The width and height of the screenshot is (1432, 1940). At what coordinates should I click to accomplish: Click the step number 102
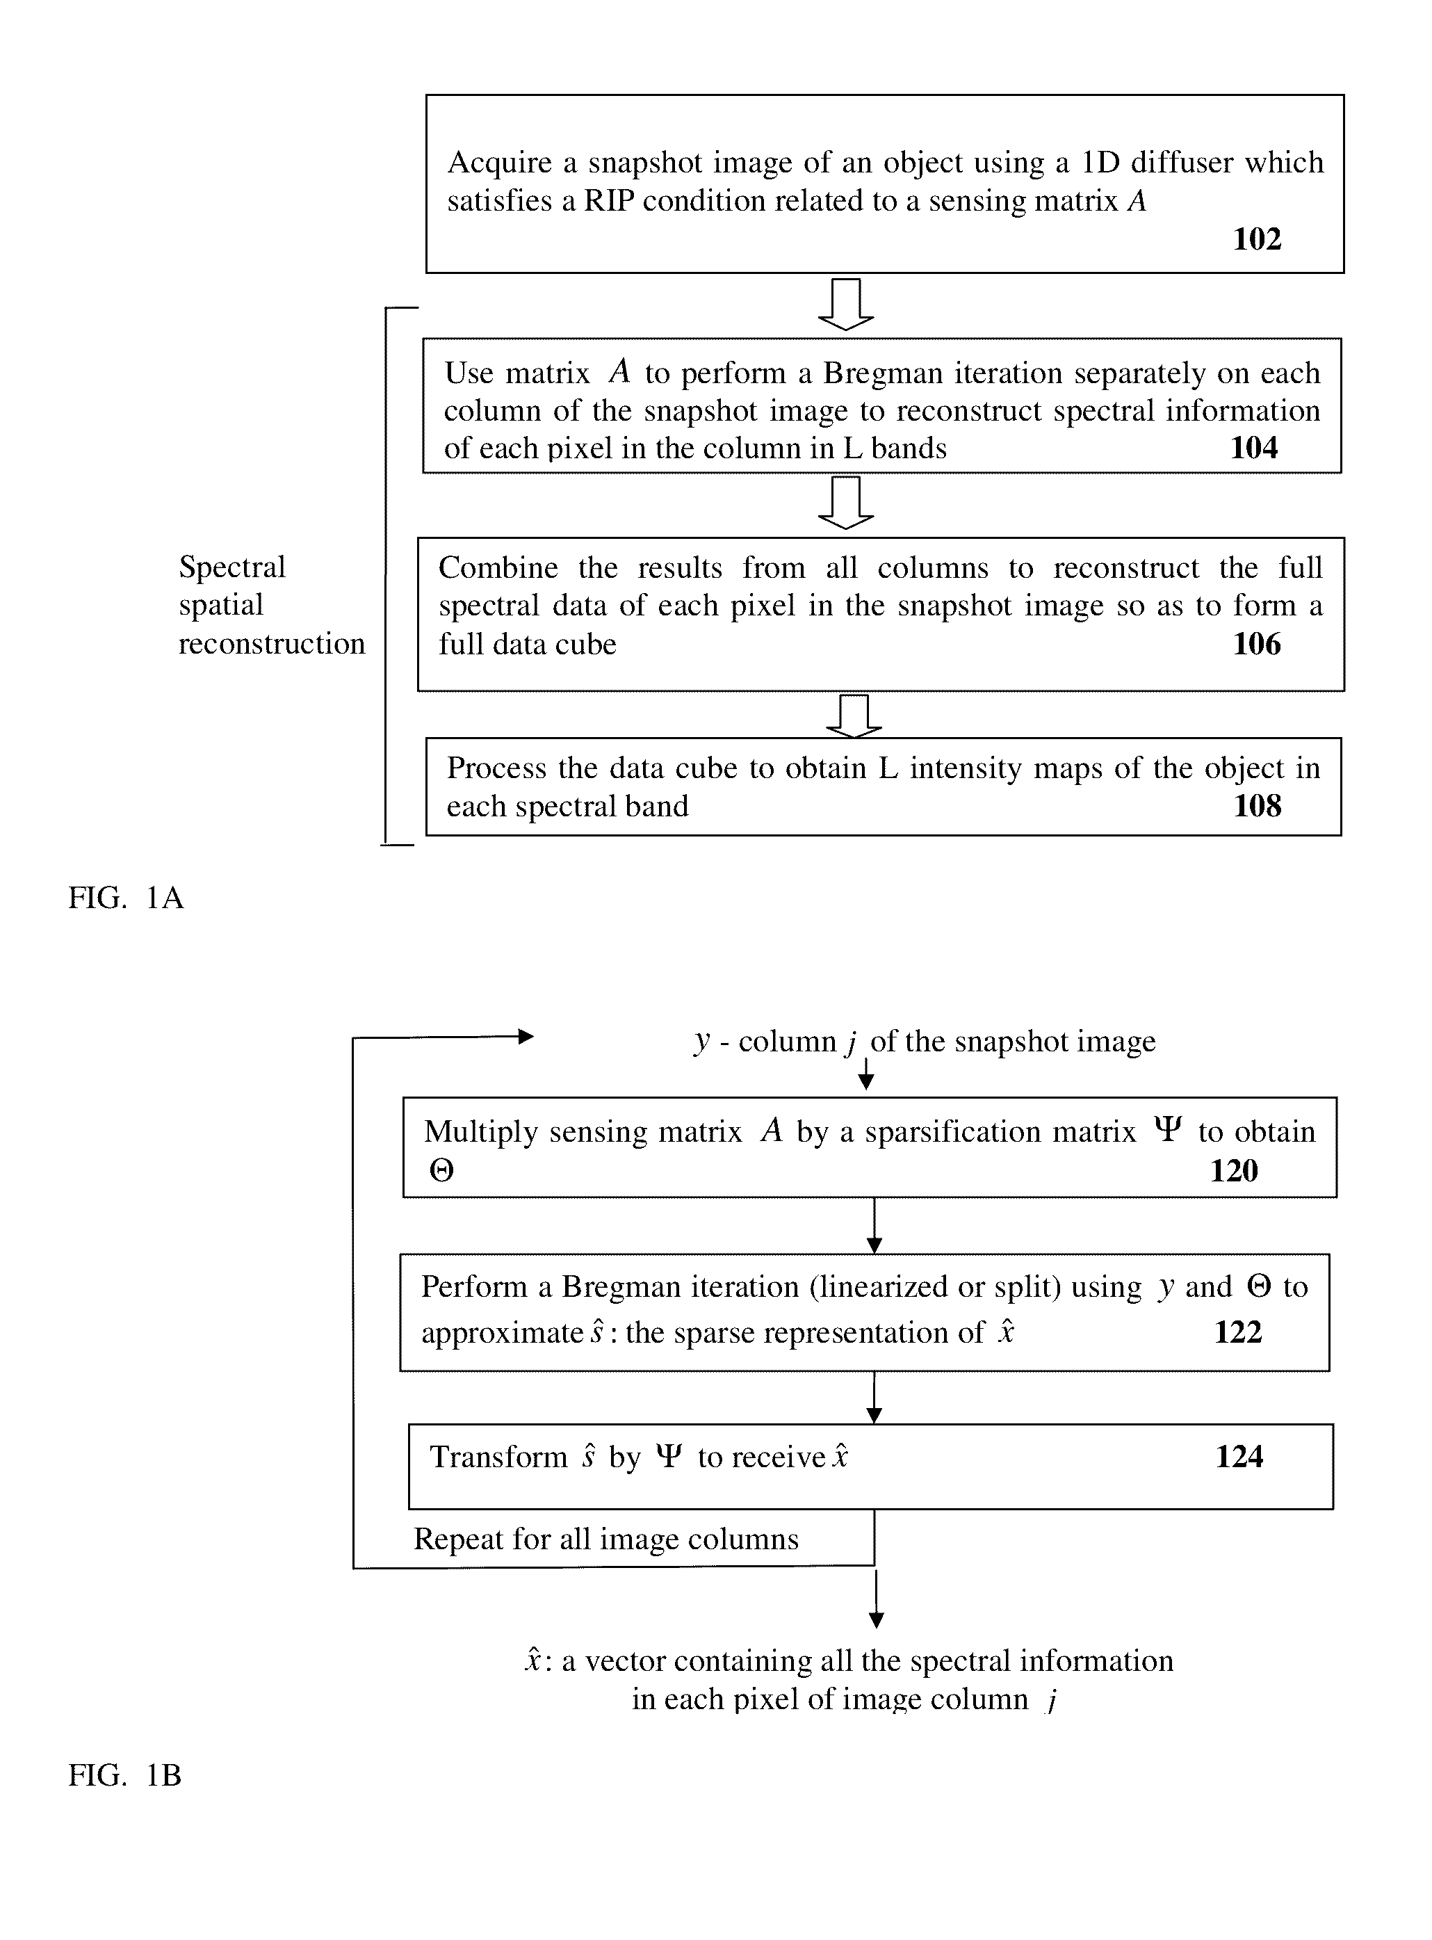point(1257,239)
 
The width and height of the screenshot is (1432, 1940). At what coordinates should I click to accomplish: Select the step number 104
point(1254,447)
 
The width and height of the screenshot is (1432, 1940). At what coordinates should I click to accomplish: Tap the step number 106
point(1257,643)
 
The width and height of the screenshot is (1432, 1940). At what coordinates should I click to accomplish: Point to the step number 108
point(1257,805)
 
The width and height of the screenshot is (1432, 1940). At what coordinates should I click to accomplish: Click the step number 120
point(1233,1170)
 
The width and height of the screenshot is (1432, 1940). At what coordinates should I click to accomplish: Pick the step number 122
point(1238,1332)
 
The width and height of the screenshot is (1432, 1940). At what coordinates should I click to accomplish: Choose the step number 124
point(1239,1456)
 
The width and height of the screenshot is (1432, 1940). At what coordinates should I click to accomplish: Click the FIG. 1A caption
point(127,897)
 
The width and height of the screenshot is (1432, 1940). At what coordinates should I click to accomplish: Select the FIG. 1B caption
point(125,1775)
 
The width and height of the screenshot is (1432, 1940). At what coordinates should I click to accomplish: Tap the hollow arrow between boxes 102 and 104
point(846,305)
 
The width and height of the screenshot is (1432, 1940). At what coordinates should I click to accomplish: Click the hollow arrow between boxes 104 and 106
point(846,503)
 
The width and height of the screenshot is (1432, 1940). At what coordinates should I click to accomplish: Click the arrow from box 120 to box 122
point(874,1226)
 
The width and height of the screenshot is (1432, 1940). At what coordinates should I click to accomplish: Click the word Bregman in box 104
point(882,373)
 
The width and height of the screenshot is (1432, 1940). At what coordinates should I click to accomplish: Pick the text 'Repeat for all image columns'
point(606,1539)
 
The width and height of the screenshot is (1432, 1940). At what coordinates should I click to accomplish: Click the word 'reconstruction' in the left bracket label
point(271,643)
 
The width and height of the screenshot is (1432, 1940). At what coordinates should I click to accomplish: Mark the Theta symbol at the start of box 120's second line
point(441,1171)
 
